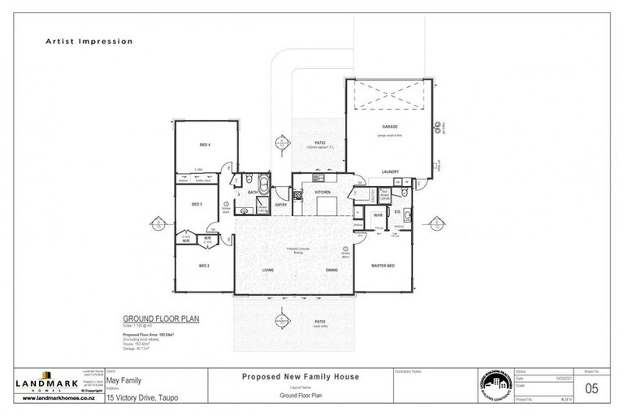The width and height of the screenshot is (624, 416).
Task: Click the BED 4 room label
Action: tap(205, 145)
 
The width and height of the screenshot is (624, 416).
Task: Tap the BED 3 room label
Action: tap(196, 204)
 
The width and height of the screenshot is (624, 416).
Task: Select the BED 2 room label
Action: tap(205, 266)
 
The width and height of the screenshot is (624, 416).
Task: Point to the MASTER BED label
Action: tap(383, 266)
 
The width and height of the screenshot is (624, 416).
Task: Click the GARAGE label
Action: tap(389, 128)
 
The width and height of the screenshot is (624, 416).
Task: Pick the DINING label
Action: tap(331, 271)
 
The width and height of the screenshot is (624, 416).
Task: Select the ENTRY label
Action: tap(281, 205)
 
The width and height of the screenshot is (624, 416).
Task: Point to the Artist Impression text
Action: tap(89, 41)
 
